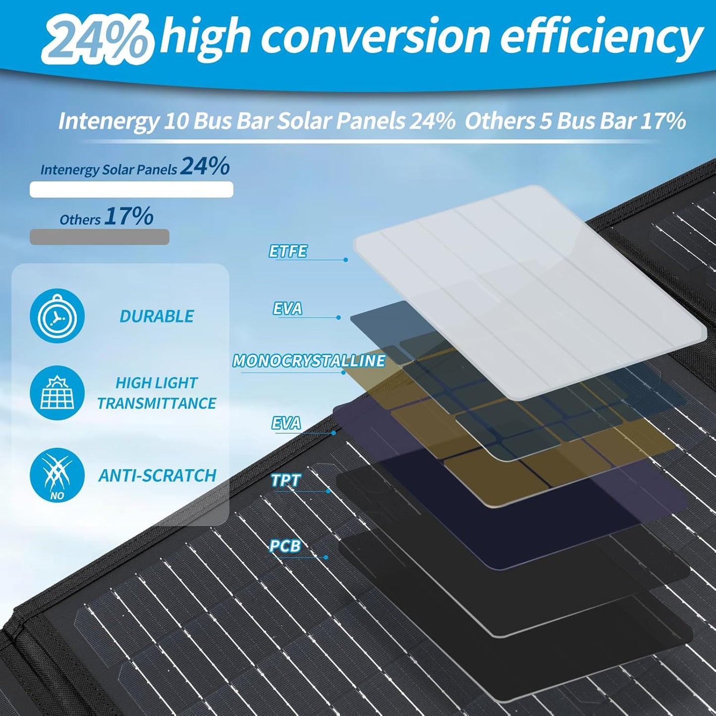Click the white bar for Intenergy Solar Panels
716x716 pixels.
(x=131, y=189)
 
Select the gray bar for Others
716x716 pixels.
(x=99, y=237)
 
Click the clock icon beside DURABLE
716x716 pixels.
(x=57, y=316)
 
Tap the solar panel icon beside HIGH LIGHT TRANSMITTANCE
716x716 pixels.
(x=57, y=393)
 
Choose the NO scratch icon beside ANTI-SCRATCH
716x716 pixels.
(x=57, y=475)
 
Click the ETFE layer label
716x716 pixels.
(x=288, y=251)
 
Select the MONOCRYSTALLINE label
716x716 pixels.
(x=309, y=361)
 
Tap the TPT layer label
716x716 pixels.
(x=286, y=480)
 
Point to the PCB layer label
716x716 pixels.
(x=285, y=546)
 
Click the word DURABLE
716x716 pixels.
(x=157, y=316)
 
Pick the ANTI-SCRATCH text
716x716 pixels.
(x=158, y=476)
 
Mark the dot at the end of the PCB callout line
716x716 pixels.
(x=326, y=557)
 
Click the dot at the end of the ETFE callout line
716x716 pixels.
(x=345, y=260)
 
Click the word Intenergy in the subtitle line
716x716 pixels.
(x=109, y=121)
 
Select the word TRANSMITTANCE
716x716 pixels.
(x=157, y=403)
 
